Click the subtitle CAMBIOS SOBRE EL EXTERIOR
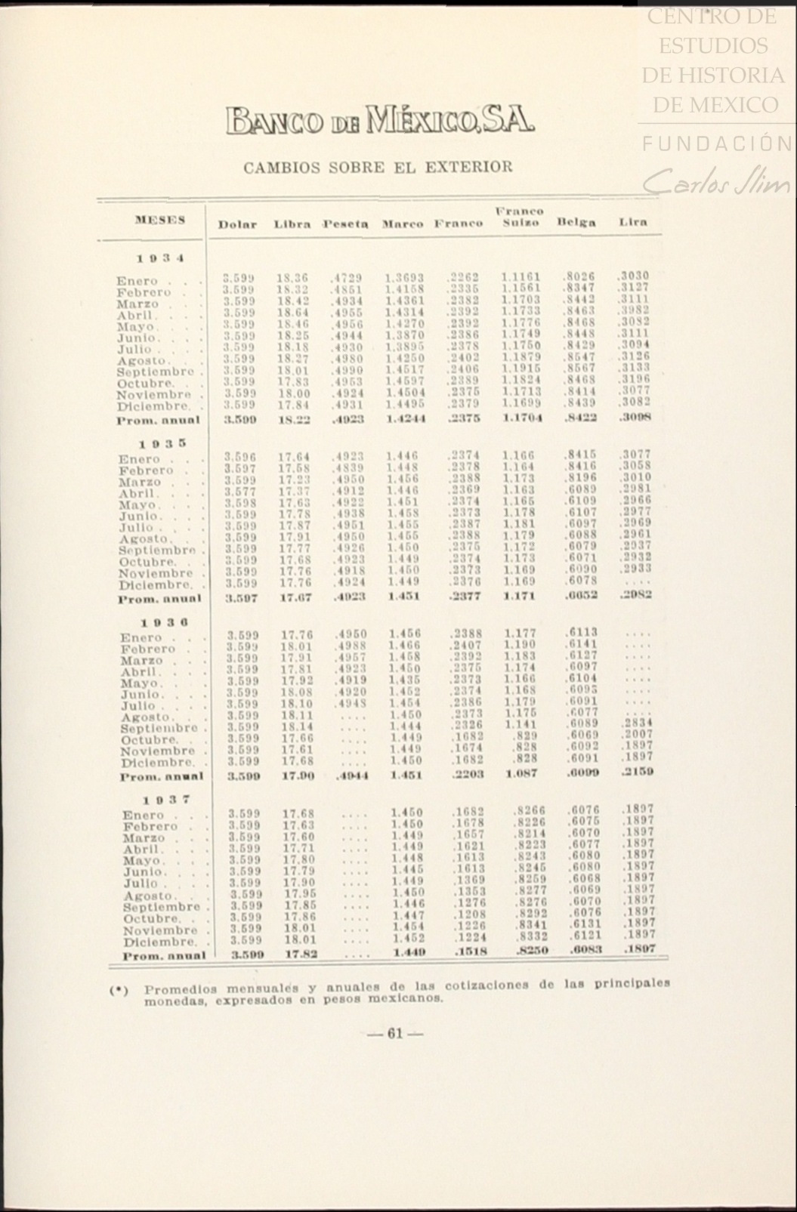coord(378,167)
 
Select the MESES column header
coord(159,220)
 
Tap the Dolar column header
coord(237,224)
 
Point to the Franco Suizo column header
coord(520,217)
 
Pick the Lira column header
coord(632,222)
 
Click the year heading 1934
coord(160,258)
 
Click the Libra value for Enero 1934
coord(292,277)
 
